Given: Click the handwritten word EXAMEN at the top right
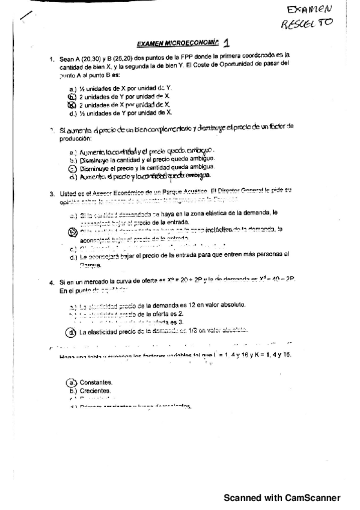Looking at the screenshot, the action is (310, 10).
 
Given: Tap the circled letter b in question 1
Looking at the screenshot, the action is (73, 96).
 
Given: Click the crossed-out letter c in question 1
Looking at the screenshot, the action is (73, 104).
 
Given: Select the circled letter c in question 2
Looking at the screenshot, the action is (73, 168).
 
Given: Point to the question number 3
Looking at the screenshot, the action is (52, 193).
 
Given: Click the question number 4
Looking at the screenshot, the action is (52, 281).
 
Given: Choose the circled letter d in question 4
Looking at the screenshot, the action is (72, 331).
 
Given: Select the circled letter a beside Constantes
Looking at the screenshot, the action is (72, 382).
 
